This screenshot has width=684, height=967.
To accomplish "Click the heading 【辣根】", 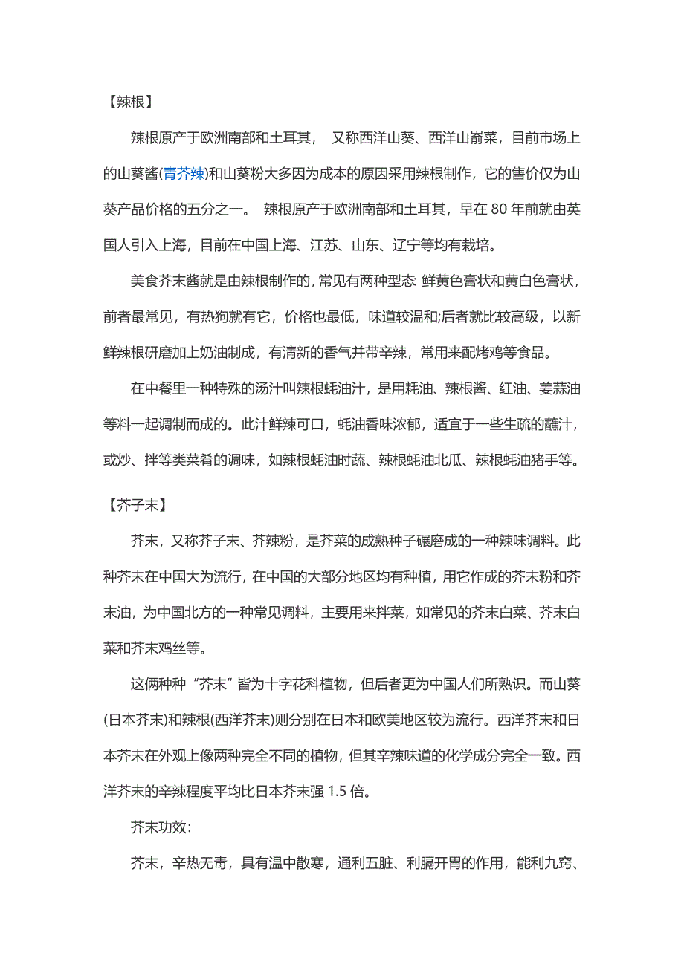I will click(132, 102).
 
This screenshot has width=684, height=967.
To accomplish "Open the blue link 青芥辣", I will click(184, 175).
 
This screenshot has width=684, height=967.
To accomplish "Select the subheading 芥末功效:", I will click(163, 827).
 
